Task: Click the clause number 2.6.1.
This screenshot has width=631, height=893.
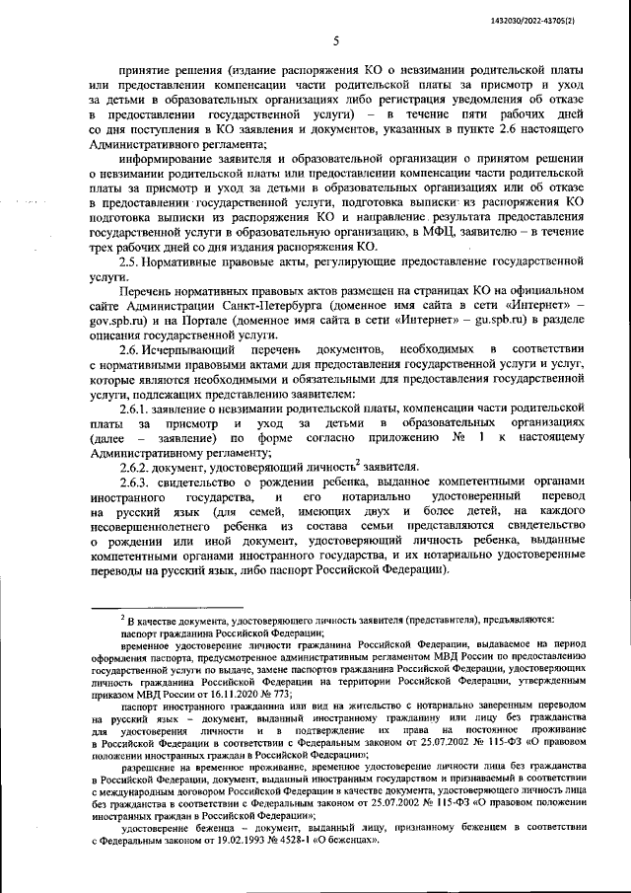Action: coord(135,409)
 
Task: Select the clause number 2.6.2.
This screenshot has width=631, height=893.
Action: coord(135,466)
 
